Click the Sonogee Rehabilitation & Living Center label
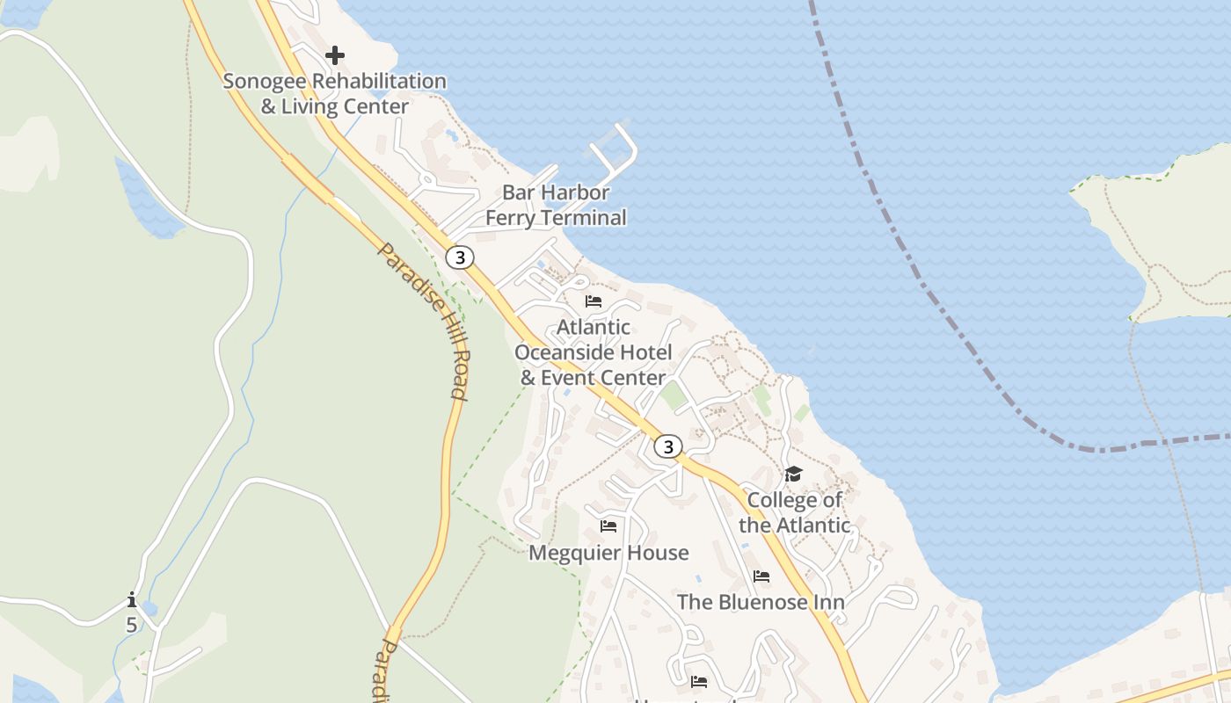tap(335, 93)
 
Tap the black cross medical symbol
tap(334, 55)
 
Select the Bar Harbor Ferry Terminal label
tap(556, 205)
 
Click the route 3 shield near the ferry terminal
tap(459, 257)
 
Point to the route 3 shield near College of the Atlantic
tap(668, 446)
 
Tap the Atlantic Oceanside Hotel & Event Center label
tap(594, 352)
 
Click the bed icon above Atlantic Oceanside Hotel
tap(594, 301)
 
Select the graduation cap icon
tap(794, 475)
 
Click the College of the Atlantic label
tap(795, 512)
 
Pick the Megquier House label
tap(608, 553)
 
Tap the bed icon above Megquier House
tap(608, 526)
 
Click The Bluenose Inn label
tap(761, 602)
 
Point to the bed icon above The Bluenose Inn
tap(761, 576)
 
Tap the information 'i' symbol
tap(132, 600)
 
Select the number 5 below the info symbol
tap(132, 625)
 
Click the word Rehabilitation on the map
tap(380, 81)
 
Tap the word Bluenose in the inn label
tap(762, 602)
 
